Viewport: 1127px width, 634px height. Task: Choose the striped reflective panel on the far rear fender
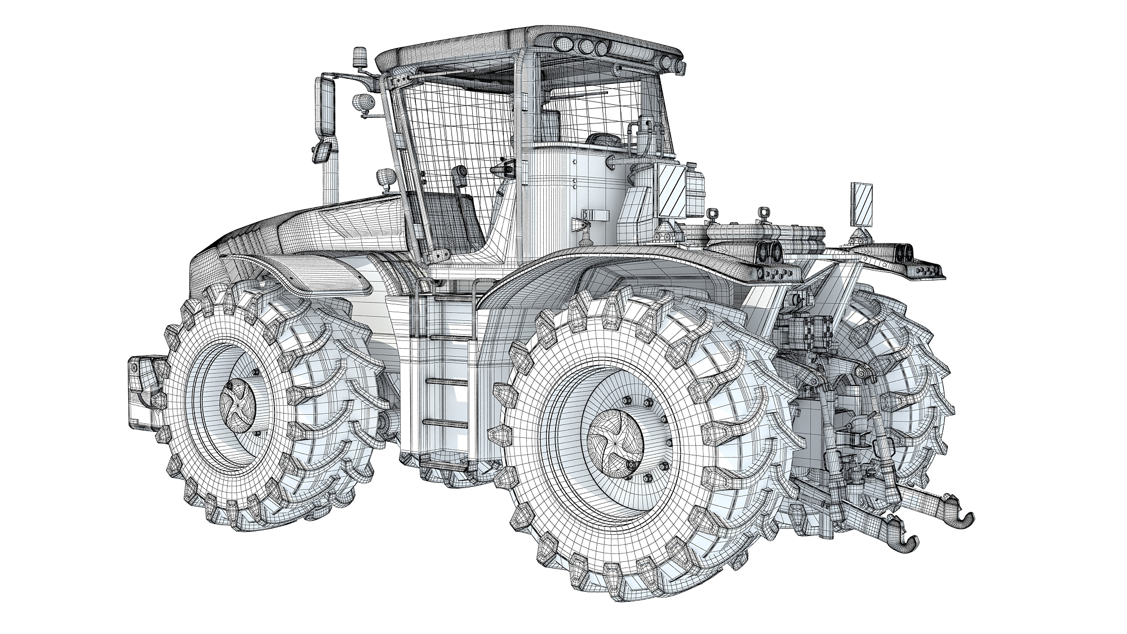862,204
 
